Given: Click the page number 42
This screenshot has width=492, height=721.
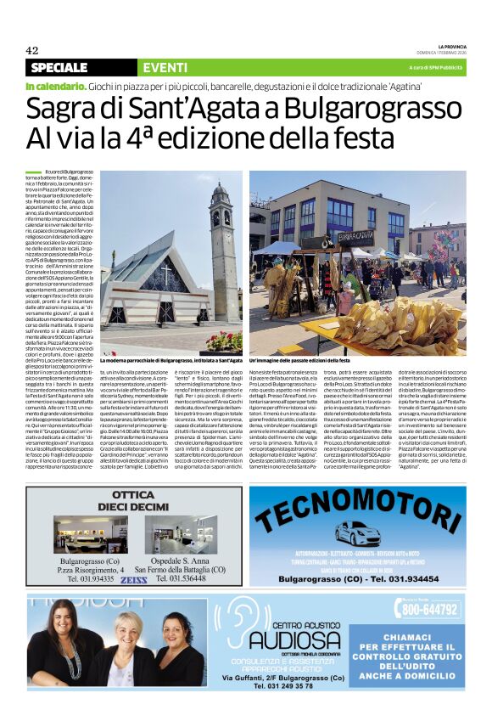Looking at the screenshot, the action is click(33, 48).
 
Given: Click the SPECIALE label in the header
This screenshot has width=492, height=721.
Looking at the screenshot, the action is click(59, 67).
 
